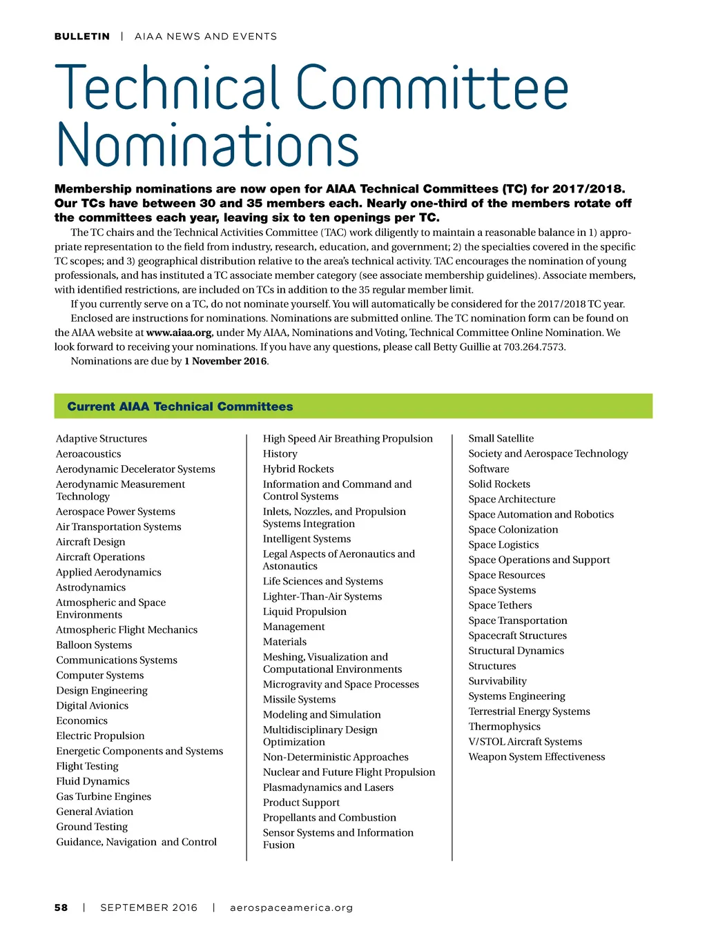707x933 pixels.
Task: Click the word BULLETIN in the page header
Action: point(81,37)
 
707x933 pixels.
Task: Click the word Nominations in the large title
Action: point(207,144)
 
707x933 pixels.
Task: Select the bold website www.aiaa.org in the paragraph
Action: point(179,333)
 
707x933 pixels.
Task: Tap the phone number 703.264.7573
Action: point(534,347)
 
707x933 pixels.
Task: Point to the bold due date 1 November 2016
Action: point(225,362)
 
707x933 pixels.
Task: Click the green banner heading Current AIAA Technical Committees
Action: point(180,406)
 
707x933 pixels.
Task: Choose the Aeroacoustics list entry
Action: point(88,454)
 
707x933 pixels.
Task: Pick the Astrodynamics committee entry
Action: point(90,587)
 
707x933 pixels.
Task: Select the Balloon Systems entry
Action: point(94,645)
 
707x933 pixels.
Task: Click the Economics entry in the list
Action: point(81,720)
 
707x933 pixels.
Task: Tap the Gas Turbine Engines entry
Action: point(104,796)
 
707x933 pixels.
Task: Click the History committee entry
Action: point(280,454)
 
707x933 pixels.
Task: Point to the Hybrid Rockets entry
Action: point(298,469)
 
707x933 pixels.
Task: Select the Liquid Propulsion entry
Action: point(304,611)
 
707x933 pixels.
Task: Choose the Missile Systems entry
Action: point(299,700)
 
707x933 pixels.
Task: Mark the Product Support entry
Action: point(301,803)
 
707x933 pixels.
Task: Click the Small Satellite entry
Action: point(501,438)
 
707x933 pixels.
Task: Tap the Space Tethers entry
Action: point(500,605)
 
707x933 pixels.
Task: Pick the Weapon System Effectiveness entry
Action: point(536,757)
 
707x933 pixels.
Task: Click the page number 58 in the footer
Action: point(61,907)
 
